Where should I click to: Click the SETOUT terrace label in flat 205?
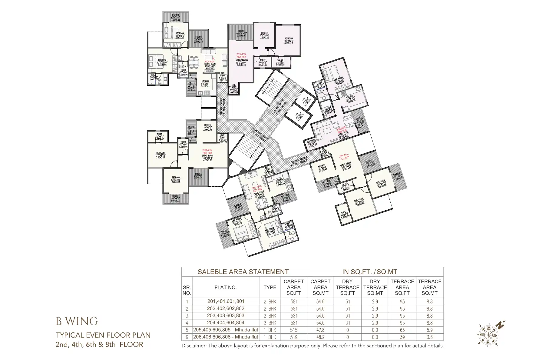pyautogui.click(x=241, y=33)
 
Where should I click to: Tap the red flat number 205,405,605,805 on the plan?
pyautogui.click(x=241, y=56)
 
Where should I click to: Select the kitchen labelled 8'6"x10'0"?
pyautogui.click(x=264, y=35)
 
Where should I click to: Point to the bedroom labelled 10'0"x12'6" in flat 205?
pyautogui.click(x=288, y=41)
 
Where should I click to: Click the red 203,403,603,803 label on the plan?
pyautogui.click(x=207, y=152)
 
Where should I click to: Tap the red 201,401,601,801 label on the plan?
pyautogui.click(x=344, y=157)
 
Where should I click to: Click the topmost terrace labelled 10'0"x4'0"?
pyautogui.click(x=175, y=17)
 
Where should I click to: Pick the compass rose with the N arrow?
pyautogui.click(x=488, y=334)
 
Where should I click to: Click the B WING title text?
pyautogui.click(x=77, y=322)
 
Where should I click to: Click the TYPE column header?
pyautogui.click(x=270, y=287)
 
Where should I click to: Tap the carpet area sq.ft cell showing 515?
pyautogui.click(x=294, y=330)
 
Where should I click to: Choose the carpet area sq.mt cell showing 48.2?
pyautogui.click(x=320, y=337)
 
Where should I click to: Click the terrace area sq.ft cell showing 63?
pyautogui.click(x=402, y=330)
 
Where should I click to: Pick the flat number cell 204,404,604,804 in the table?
pyautogui.click(x=226, y=323)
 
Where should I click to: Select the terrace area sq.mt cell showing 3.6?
pyautogui.click(x=429, y=337)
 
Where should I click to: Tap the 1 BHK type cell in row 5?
pyautogui.click(x=270, y=330)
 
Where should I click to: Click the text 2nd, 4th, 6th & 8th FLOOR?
pyautogui.click(x=99, y=345)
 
